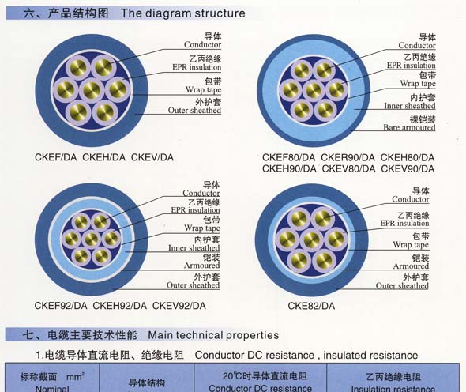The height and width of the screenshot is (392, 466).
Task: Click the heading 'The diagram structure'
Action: pos(182,13)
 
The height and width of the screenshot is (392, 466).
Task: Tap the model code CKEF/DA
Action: pos(55,157)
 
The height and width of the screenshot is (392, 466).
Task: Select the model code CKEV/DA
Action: pos(152,157)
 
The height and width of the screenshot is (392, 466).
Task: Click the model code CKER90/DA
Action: pos(348,157)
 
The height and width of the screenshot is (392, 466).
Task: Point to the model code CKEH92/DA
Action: pos(119,306)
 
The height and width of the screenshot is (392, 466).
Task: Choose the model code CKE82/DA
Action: pos(311,306)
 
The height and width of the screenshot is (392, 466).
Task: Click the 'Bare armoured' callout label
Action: pos(409,127)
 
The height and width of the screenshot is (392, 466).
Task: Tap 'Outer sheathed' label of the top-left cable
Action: pos(194,111)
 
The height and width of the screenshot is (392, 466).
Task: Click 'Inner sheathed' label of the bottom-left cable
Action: pos(194,247)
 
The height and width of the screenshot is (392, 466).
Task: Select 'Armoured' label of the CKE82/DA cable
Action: pos(411,266)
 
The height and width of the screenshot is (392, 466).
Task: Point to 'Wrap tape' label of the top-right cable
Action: pos(418,84)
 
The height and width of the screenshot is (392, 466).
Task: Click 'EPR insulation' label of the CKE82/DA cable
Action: pos(404,223)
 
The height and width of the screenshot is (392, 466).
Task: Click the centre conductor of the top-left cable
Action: pos(92,90)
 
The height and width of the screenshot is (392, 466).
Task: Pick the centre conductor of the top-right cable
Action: pos(314,90)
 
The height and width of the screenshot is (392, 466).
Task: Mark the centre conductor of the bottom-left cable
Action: pos(91,239)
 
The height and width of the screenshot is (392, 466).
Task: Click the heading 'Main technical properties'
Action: pos(213,335)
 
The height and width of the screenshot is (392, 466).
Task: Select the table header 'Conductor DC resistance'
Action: pos(261,388)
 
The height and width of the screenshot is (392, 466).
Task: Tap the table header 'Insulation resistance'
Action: pos(393,388)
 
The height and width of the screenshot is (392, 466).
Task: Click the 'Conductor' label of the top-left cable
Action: pos(202,44)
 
